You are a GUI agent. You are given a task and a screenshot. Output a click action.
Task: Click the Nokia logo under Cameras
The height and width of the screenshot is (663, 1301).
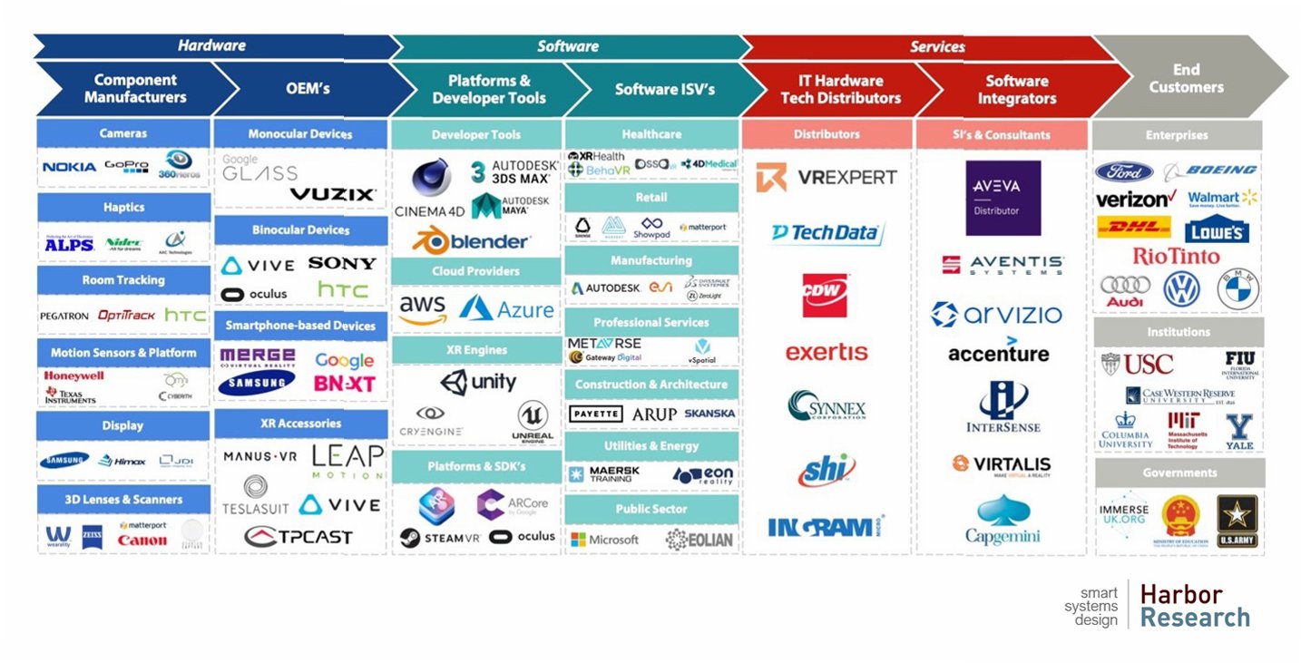click(69, 167)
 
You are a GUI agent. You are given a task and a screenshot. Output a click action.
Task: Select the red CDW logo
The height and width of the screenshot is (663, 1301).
click(825, 296)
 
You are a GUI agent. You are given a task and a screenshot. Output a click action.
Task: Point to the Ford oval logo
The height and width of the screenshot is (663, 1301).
click(1124, 171)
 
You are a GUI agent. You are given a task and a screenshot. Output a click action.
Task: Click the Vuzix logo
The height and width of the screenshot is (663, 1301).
click(332, 194)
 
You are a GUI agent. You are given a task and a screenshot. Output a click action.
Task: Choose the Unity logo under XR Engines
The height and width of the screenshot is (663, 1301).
click(478, 382)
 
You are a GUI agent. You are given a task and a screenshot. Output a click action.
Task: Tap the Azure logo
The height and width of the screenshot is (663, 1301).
click(506, 309)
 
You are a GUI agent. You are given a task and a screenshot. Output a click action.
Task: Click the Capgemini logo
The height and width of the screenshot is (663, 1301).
click(1003, 521)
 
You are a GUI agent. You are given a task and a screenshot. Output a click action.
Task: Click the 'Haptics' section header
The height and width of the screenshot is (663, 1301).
click(123, 207)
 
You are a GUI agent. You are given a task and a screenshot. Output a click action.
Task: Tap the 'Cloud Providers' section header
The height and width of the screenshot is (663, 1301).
click(476, 271)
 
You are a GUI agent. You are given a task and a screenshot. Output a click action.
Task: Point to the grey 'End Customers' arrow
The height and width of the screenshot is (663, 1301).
click(1186, 79)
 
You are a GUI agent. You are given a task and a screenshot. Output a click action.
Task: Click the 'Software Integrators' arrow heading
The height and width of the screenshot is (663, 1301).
click(1016, 89)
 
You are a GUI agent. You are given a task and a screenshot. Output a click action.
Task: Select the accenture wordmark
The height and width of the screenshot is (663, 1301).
click(998, 353)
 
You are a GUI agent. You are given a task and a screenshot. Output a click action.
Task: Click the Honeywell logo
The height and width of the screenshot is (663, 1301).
click(74, 375)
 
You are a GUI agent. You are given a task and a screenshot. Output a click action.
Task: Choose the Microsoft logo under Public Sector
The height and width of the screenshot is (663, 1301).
click(604, 540)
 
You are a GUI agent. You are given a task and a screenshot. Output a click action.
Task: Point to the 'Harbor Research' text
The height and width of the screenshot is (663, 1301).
click(1194, 606)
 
